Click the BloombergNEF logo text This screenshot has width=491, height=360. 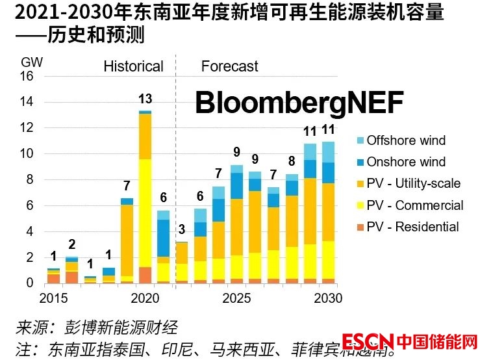pos(299,103)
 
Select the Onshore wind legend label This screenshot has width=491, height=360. pos(406,162)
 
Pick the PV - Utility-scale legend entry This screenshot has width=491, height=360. pos(413,183)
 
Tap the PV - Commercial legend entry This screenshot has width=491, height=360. pos(415,205)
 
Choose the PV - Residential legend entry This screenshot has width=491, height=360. pos(412,227)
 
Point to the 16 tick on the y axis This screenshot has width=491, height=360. pos(27,76)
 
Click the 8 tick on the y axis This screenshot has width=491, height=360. pos(30,180)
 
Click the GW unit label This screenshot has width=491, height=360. pos(31,62)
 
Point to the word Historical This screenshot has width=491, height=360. pos(133,66)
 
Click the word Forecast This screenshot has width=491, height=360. pos(229,66)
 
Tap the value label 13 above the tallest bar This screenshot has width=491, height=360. pos(145,99)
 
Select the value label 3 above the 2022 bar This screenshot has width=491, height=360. pos(182,229)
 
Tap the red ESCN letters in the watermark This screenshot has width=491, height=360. pos(368,342)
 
